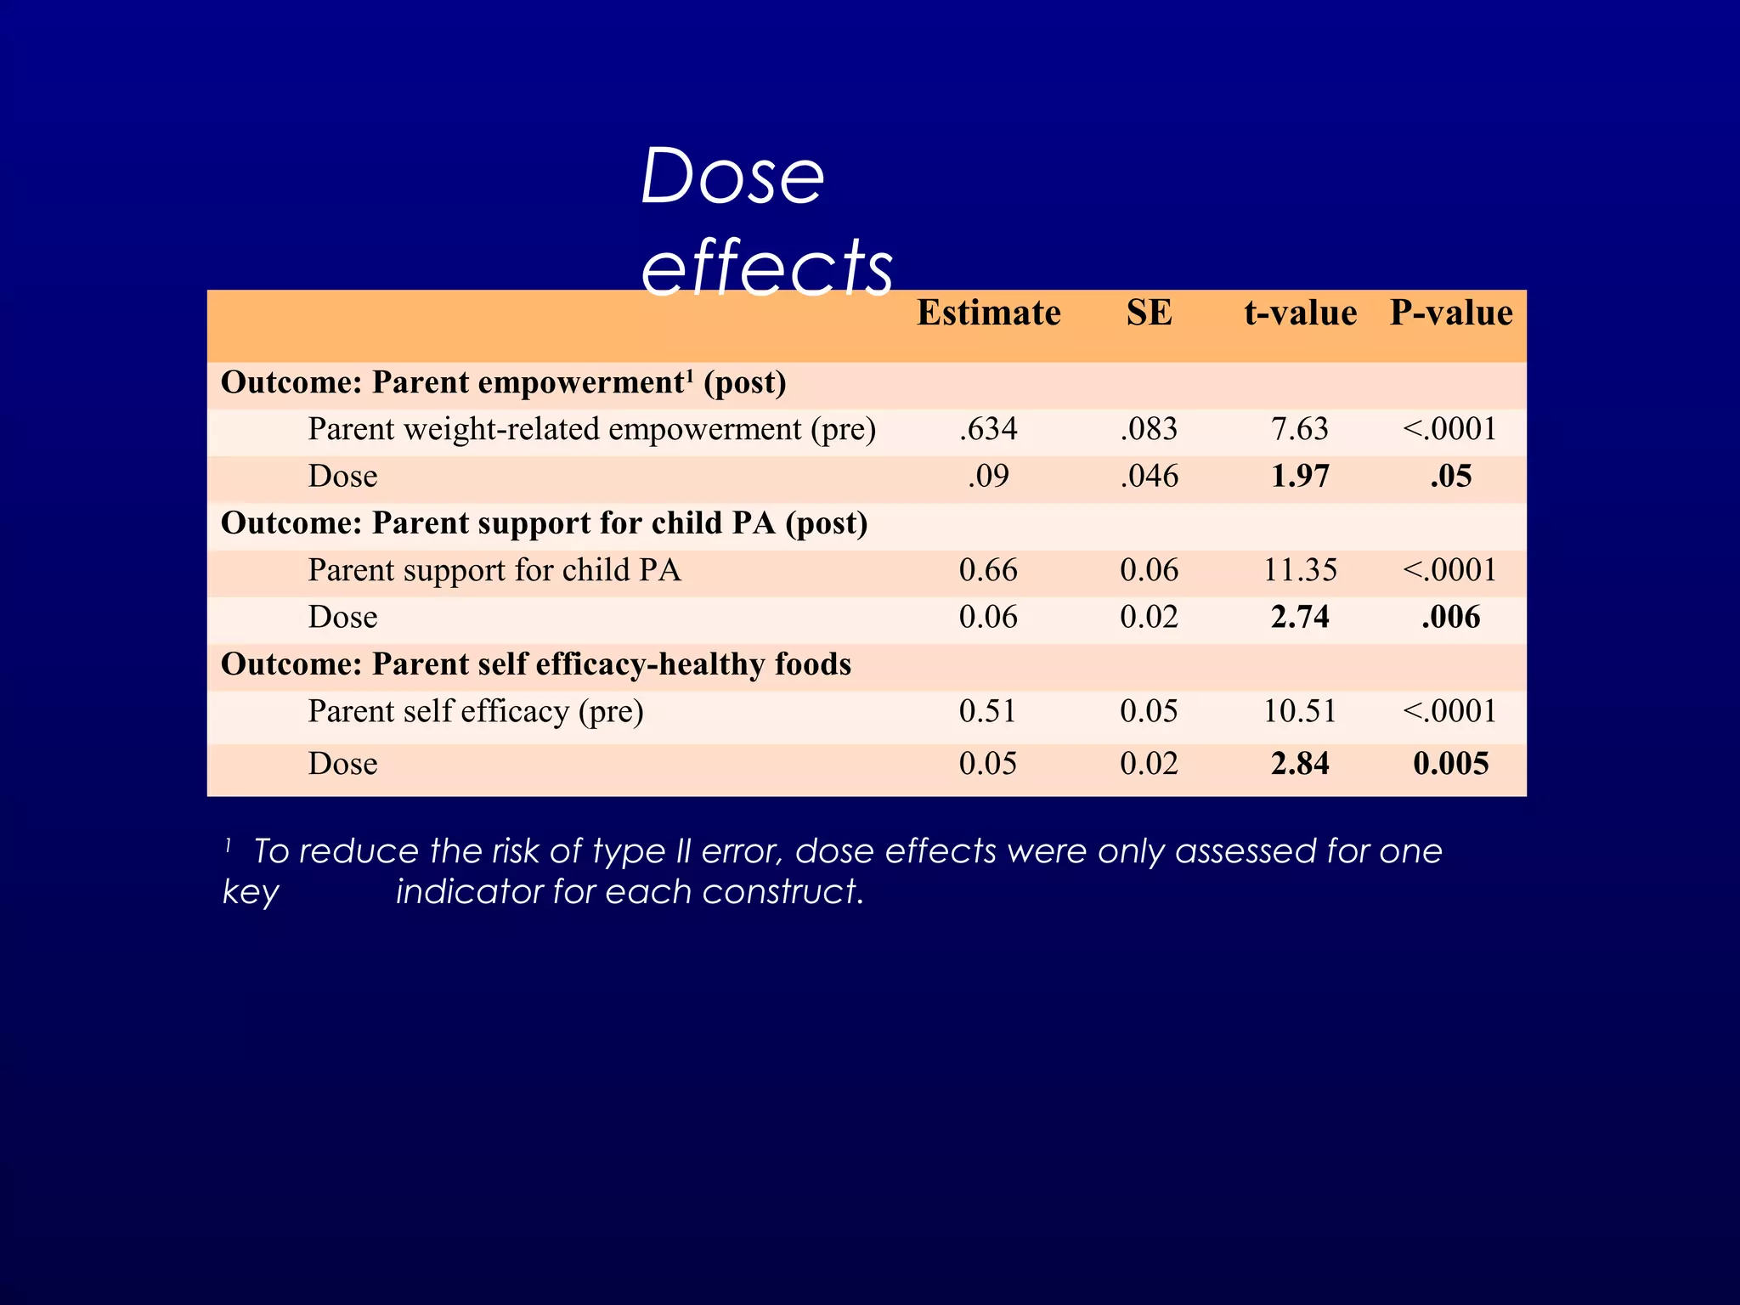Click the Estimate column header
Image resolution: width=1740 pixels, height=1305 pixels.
[x=988, y=313]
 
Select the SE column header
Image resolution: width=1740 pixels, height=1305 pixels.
[x=1149, y=313]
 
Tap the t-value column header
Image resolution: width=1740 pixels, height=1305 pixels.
[x=1300, y=313]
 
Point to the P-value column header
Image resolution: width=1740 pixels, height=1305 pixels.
[x=1451, y=313]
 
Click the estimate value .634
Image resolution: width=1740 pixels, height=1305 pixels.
[x=988, y=429]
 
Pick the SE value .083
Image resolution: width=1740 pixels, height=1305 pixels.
[x=1149, y=429]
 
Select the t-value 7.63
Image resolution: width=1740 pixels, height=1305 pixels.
[x=1300, y=429]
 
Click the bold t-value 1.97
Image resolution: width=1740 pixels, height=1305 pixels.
[x=1300, y=476]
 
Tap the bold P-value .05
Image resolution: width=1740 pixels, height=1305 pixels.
[x=1451, y=476]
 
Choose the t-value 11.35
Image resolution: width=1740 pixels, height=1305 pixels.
[x=1300, y=570]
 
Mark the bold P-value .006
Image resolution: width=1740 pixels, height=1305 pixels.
[x=1451, y=617]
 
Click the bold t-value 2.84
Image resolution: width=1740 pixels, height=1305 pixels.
[x=1300, y=763]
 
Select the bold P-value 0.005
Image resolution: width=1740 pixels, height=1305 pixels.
[x=1451, y=763]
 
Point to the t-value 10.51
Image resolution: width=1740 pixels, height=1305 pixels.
[x=1300, y=711]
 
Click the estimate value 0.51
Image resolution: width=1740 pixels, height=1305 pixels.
[x=988, y=711]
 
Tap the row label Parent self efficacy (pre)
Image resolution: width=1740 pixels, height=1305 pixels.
[x=476, y=711]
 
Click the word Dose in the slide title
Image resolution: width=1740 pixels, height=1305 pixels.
[x=732, y=177]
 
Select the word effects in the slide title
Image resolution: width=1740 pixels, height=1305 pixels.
[x=767, y=267]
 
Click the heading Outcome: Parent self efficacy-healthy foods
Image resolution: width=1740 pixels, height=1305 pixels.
[x=536, y=664]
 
